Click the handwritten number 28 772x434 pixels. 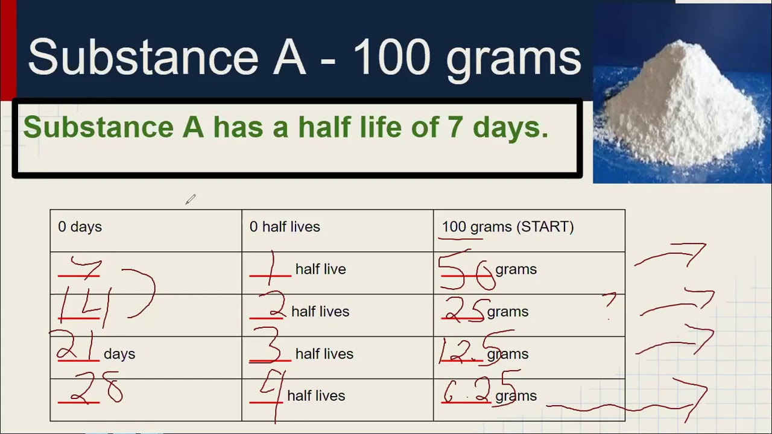[x=96, y=388]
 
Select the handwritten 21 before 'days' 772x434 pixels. [x=75, y=348]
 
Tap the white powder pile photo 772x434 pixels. [x=682, y=99]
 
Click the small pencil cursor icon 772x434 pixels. [x=190, y=200]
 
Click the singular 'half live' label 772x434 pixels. [x=320, y=269]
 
